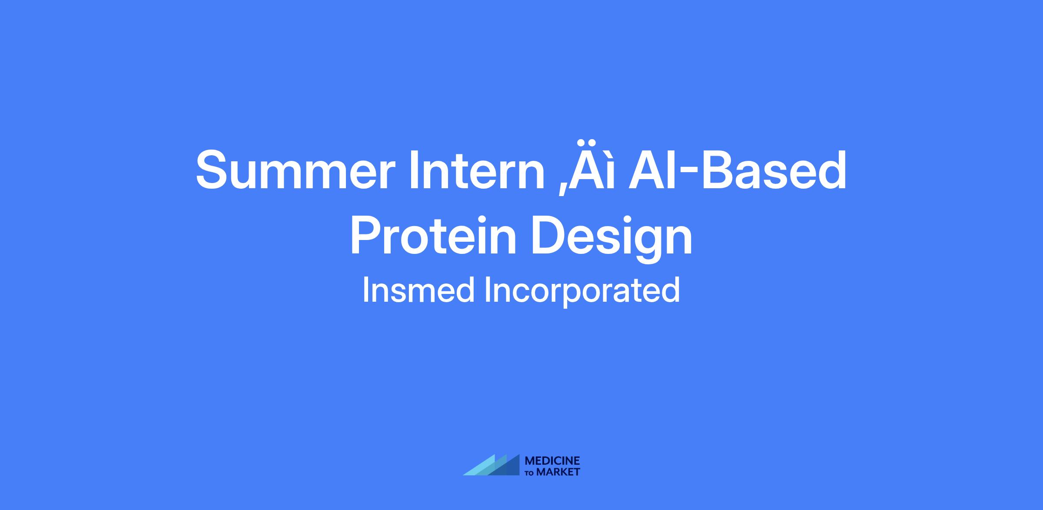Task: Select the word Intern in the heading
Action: pyautogui.click(x=476, y=170)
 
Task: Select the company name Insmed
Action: pyautogui.click(x=419, y=290)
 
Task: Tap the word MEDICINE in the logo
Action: pyautogui.click(x=552, y=461)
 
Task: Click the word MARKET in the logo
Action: pyautogui.click(x=558, y=472)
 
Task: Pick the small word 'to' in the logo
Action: pyautogui.click(x=530, y=473)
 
